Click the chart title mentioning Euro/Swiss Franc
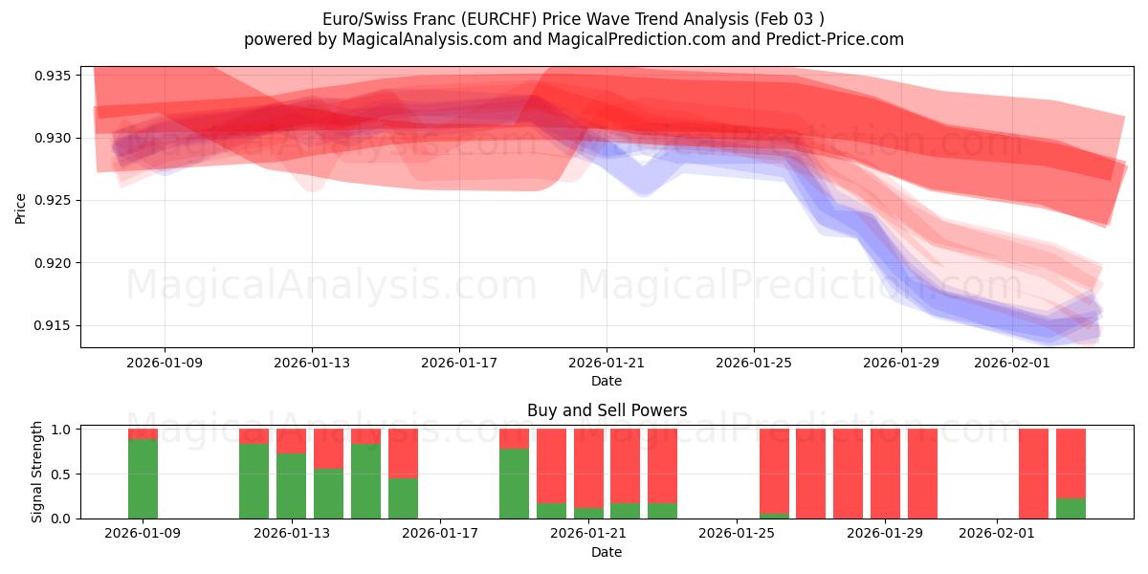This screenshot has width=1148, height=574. (x=573, y=18)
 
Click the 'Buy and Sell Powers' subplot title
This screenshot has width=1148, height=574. (x=607, y=410)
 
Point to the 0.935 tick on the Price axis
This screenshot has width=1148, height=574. (x=56, y=76)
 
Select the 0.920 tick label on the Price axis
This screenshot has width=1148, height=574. (x=56, y=263)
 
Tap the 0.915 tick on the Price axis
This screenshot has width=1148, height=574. (x=56, y=325)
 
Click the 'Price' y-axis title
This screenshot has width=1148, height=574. (x=21, y=207)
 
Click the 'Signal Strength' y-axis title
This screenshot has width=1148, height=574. (x=37, y=472)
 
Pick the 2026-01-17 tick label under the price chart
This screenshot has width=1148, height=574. (x=458, y=363)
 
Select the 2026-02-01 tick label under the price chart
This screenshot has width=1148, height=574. (x=1011, y=363)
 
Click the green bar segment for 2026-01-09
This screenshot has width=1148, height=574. (x=143, y=478)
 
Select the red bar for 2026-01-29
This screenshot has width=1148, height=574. (x=922, y=474)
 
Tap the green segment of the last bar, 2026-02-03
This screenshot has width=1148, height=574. (x=1071, y=508)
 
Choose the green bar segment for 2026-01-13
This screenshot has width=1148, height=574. (x=291, y=486)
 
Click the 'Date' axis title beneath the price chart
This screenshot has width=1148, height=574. (x=607, y=381)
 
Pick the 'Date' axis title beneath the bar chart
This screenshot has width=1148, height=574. (x=607, y=552)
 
